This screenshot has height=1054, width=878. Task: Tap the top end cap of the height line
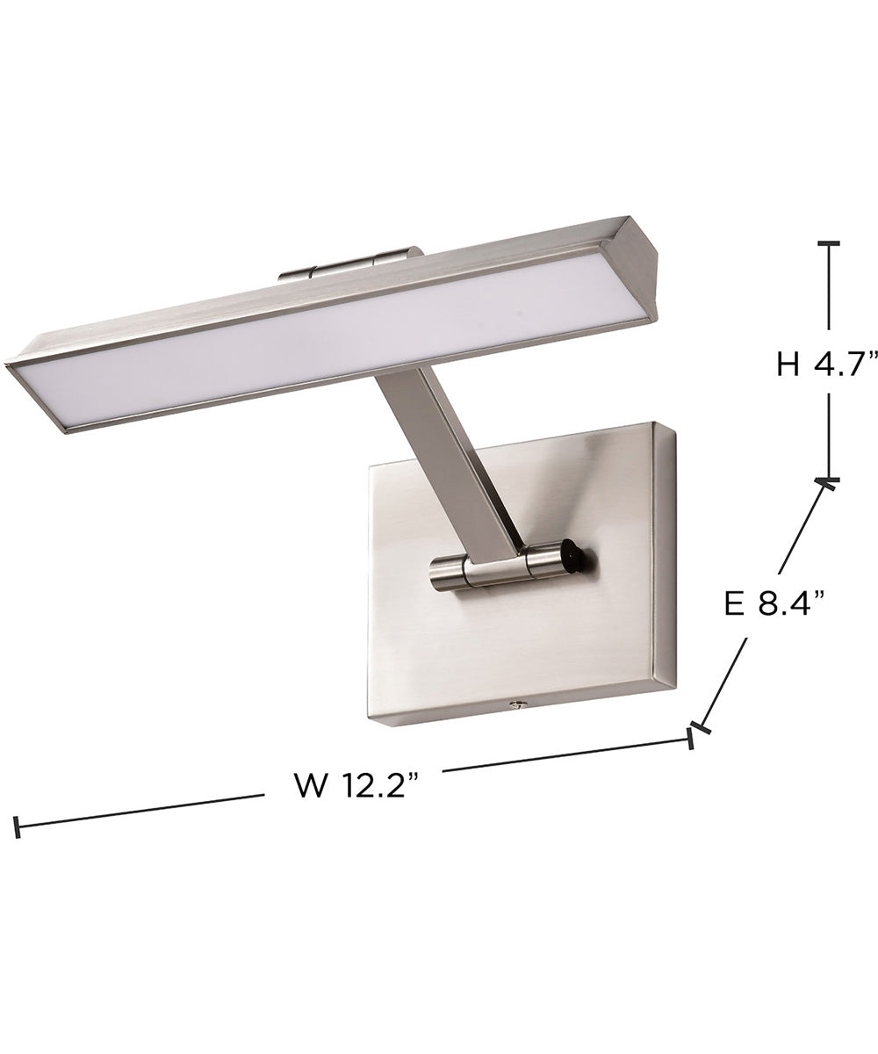[x=828, y=243]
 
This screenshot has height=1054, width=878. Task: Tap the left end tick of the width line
[x=17, y=827]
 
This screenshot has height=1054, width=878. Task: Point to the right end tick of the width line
[x=691, y=739]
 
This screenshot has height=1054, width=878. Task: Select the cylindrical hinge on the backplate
[x=500, y=567]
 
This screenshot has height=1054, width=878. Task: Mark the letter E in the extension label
[x=735, y=604]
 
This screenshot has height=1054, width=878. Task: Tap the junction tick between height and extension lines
[x=826, y=480]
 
